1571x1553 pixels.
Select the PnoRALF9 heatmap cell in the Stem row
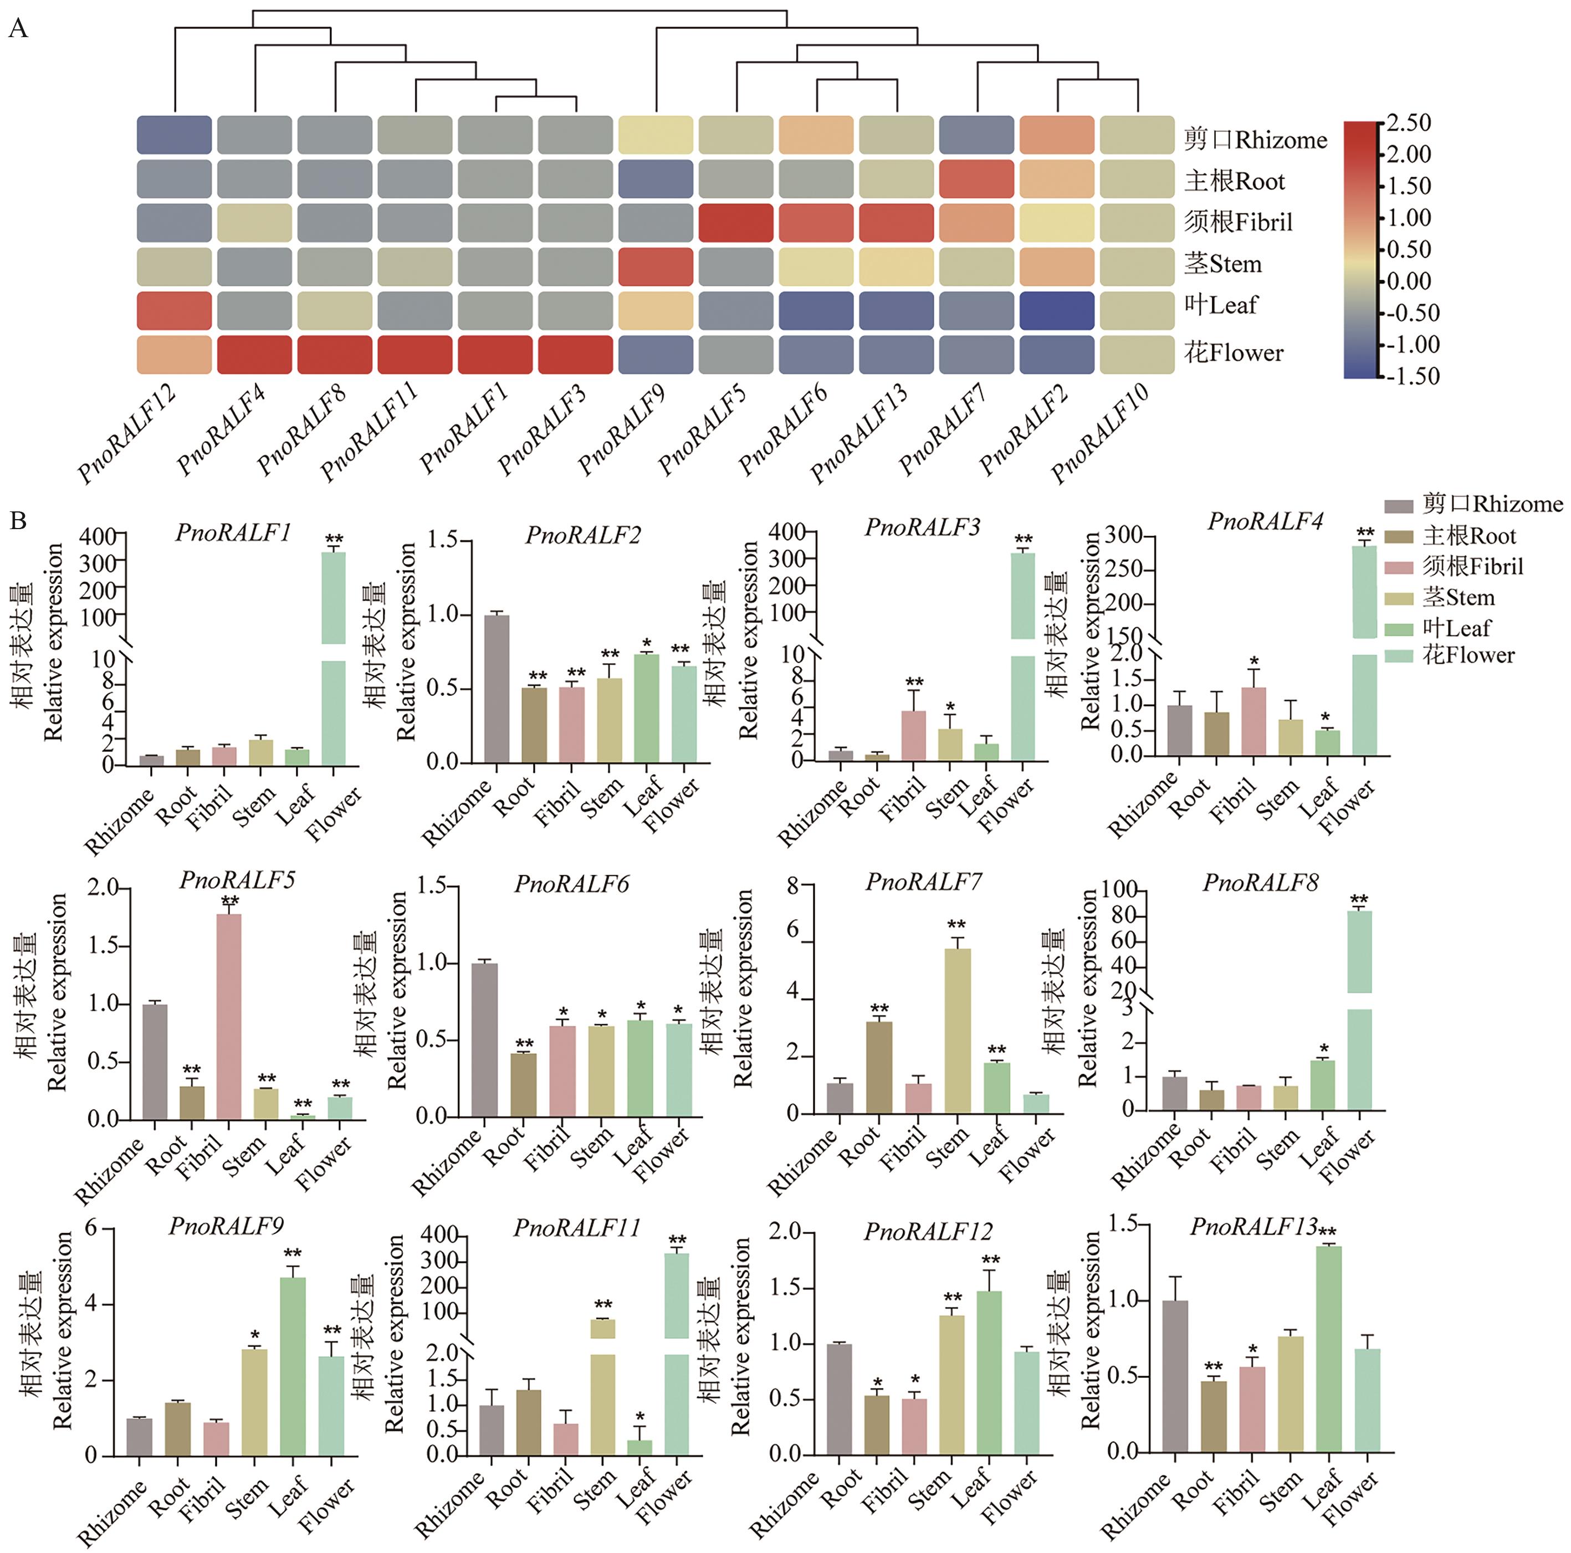coord(656,266)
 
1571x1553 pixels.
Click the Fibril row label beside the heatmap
coord(1237,222)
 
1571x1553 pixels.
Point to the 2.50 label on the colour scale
coord(1409,123)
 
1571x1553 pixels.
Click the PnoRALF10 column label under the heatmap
coord(1099,435)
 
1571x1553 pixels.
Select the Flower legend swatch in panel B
coord(1399,655)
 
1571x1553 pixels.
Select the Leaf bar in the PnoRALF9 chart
coord(293,1366)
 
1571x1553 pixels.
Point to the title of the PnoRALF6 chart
coord(572,884)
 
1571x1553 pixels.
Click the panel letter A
coord(18,29)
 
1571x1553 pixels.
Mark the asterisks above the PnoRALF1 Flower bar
coord(334,539)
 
